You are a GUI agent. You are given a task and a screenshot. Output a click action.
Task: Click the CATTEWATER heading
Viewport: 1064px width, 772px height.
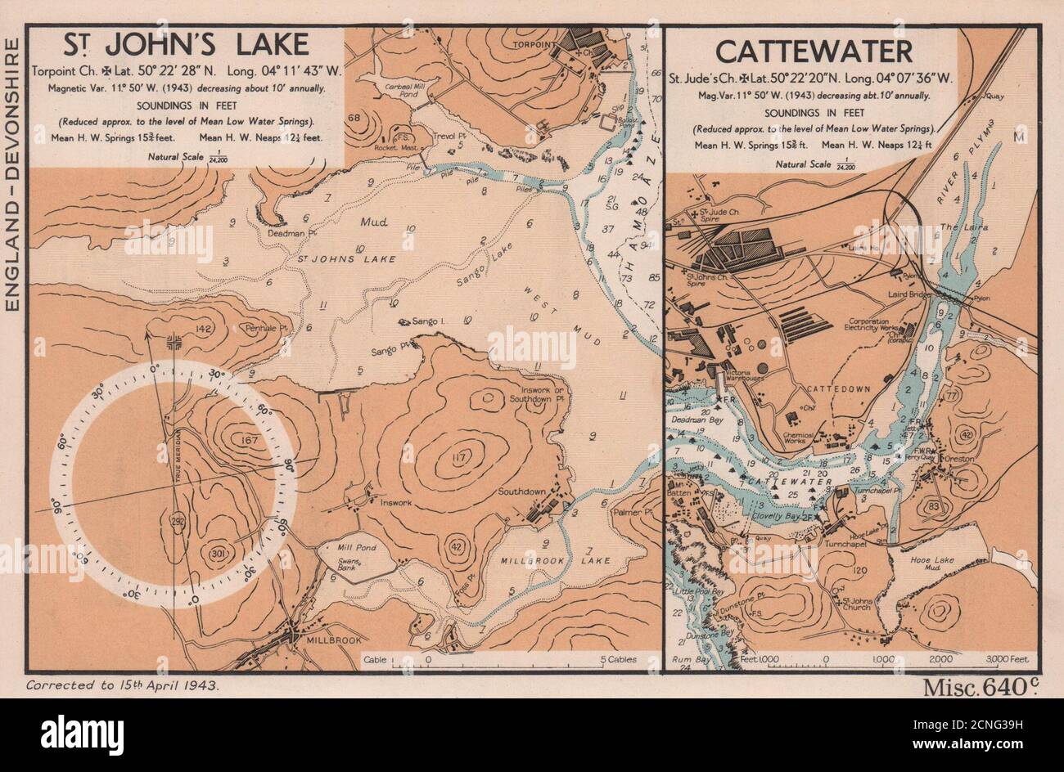point(814,52)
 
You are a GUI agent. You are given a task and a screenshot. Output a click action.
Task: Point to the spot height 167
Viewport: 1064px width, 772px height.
point(240,440)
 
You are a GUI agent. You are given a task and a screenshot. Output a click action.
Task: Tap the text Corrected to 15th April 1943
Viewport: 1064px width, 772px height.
point(123,686)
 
